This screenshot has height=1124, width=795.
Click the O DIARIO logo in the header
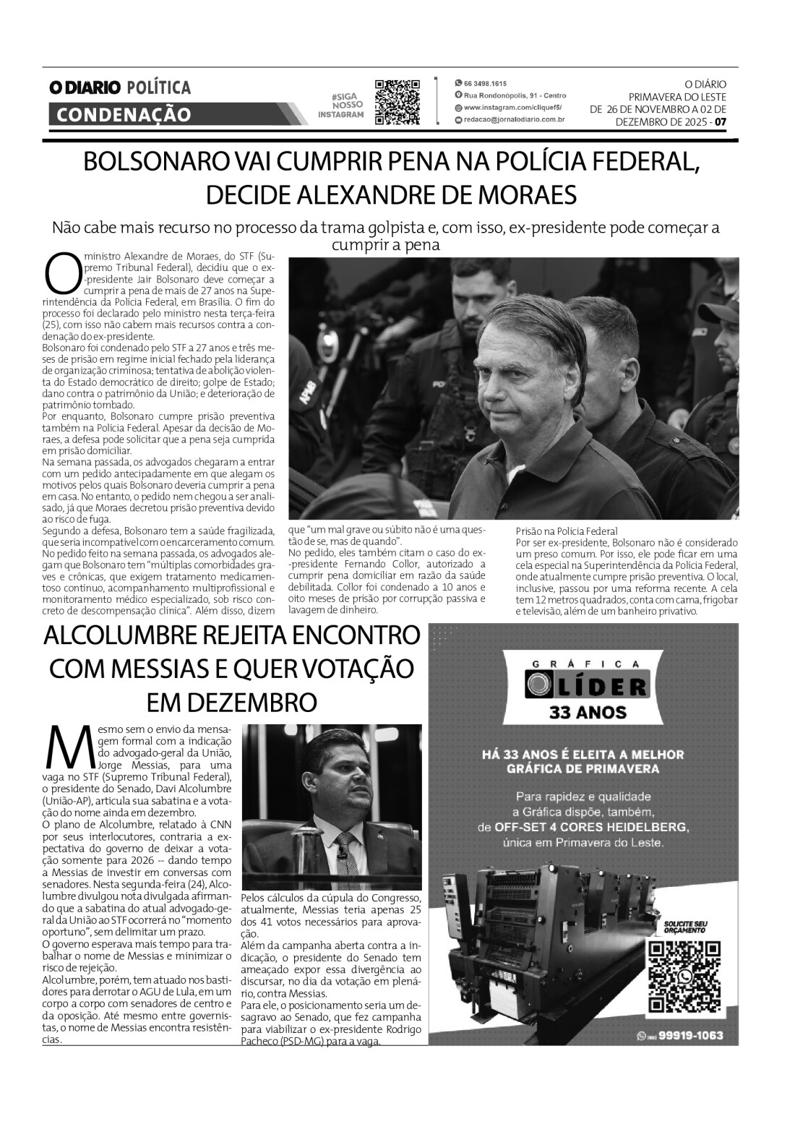click(x=85, y=87)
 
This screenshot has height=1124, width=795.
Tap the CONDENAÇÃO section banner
click(x=123, y=114)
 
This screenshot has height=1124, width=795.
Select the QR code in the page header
click(x=397, y=102)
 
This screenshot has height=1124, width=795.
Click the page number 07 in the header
click(x=720, y=122)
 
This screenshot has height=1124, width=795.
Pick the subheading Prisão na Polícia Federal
click(x=566, y=531)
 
